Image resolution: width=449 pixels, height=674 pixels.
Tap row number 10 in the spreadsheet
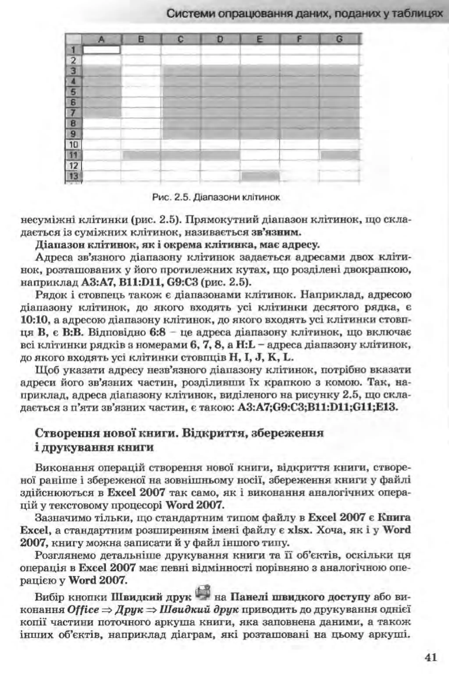coord(74,144)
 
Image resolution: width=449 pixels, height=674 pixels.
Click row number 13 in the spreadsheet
coord(74,175)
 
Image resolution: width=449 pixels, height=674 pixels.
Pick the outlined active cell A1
coord(101,50)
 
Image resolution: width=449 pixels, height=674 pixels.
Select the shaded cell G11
coord(340,155)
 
